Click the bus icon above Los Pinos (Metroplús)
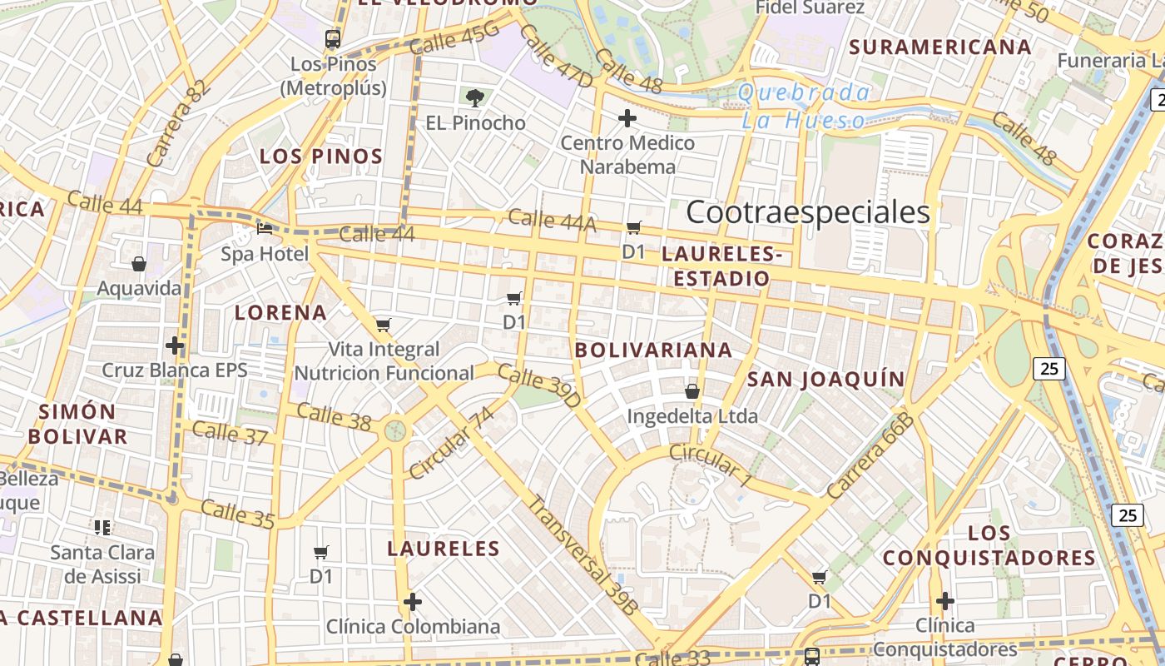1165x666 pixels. (333, 38)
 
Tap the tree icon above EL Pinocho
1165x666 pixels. (475, 98)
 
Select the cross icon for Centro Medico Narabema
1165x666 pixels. (627, 118)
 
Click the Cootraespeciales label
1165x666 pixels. (807, 212)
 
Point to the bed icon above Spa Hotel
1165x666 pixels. (265, 228)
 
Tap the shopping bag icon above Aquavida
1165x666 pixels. (139, 264)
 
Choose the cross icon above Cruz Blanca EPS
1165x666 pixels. (175, 345)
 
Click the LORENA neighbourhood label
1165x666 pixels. (280, 312)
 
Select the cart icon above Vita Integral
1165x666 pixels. (383, 325)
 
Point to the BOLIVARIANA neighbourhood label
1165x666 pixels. (654, 350)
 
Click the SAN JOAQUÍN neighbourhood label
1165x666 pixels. (825, 380)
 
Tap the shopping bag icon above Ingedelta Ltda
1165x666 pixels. (692, 390)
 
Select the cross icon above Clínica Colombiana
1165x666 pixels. (413, 601)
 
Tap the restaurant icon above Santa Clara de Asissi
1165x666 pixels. (102, 527)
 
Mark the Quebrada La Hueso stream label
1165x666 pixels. (804, 107)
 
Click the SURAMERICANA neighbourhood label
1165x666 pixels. (940, 47)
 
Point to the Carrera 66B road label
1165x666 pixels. (870, 456)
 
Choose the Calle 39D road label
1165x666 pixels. (539, 386)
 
